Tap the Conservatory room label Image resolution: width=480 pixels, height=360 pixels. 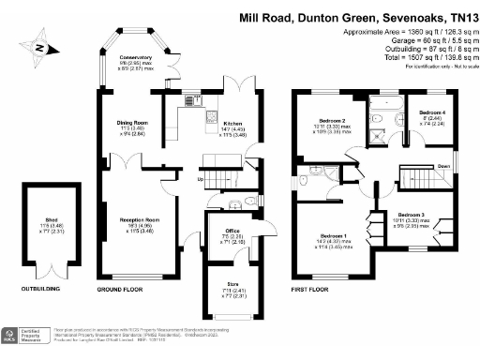[130, 60]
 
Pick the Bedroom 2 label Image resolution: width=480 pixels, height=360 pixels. [333, 120]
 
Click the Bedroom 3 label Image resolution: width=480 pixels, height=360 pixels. [410, 215]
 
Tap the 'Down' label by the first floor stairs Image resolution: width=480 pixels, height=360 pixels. [443, 167]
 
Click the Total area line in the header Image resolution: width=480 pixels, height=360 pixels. [430, 59]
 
